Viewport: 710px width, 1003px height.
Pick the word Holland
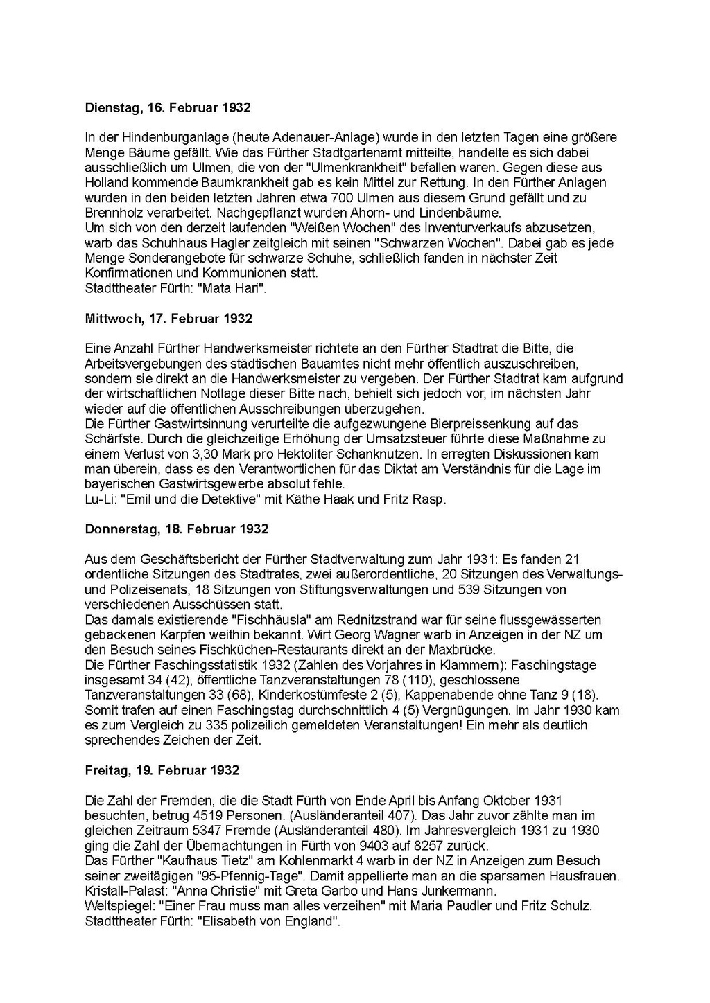pyautogui.click(x=106, y=183)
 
